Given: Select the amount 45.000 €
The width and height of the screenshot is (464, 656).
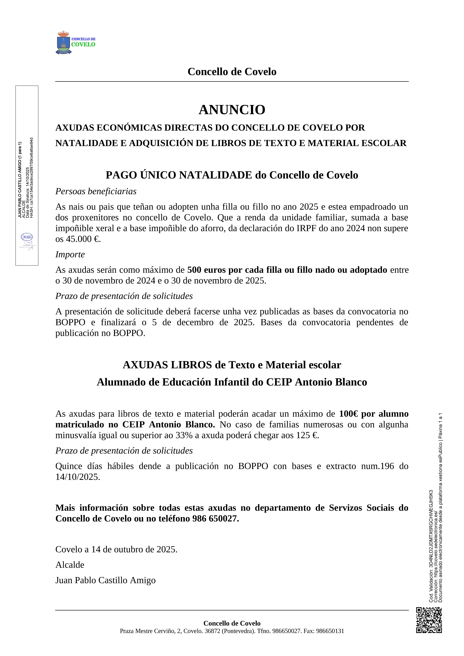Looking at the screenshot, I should point(83,239).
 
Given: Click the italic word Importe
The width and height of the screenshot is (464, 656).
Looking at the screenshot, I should point(70,254).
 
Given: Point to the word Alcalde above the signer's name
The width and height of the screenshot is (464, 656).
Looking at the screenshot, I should point(70,565).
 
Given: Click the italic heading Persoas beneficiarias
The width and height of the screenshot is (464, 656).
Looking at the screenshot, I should point(96,191).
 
